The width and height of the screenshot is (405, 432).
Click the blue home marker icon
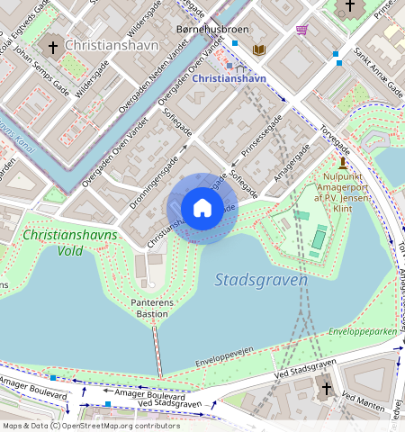coord(202,209)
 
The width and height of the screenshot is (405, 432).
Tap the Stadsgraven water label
coord(261,280)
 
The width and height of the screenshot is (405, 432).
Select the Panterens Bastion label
coord(150,308)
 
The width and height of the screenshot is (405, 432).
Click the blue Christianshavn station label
coord(229,78)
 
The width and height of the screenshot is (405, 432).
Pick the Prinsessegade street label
coord(263,135)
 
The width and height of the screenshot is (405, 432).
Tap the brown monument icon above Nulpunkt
coord(343,162)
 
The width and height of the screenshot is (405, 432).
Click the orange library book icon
coord(260,49)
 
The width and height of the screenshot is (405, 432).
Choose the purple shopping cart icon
coord(301,30)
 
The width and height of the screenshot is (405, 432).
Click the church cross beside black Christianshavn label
coord(53,46)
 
